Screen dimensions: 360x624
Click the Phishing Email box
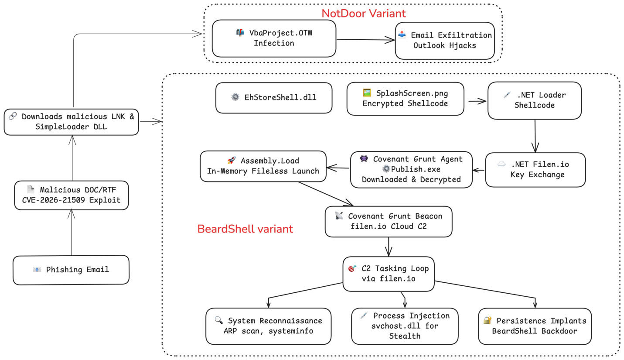(x=71, y=270)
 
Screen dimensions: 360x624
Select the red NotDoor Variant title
(x=363, y=13)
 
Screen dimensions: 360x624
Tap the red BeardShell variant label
(x=245, y=229)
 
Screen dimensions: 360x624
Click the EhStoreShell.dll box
(x=273, y=98)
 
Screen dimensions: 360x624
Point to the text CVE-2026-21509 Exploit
(x=72, y=200)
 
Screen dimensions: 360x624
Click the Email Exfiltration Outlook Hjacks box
(x=445, y=40)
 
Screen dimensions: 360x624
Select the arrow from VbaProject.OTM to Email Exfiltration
(x=365, y=40)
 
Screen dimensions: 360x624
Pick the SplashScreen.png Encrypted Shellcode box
(x=405, y=99)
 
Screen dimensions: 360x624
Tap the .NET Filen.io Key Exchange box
(x=535, y=169)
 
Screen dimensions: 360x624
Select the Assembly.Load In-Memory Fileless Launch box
(x=263, y=166)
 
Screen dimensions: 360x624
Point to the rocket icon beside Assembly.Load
(x=231, y=161)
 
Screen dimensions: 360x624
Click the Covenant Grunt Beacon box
(x=388, y=221)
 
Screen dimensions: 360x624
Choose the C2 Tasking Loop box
(x=388, y=274)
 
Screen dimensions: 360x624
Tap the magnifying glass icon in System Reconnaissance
(x=218, y=320)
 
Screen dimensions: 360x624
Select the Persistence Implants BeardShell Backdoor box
(x=535, y=326)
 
